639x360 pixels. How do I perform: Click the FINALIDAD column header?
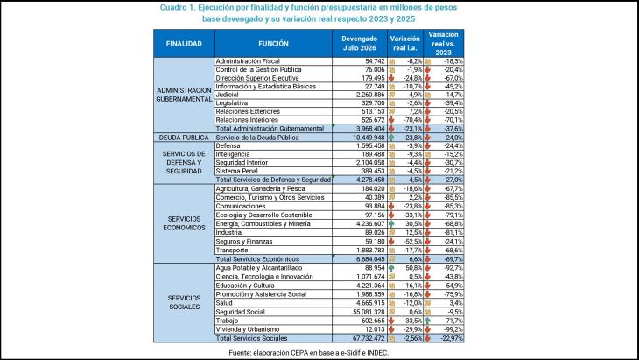coord(184,44)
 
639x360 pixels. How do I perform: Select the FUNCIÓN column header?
coord(273,44)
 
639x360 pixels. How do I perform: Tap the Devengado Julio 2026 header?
coord(360,43)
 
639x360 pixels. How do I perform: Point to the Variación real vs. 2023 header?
coord(444,43)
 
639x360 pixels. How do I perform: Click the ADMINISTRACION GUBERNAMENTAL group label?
coord(184,95)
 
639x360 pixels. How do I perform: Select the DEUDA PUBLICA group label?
coord(184,138)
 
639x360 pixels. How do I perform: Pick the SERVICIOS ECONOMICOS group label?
coord(184,223)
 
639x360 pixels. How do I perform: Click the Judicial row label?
coord(227,95)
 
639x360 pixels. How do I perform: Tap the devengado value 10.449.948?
coord(369,138)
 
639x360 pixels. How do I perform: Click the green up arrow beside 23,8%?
coord(391,138)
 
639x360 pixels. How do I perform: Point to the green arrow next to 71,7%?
coord(427,321)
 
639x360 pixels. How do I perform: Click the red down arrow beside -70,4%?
coord(391,120)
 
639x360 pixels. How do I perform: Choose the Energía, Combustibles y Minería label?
coord(263,224)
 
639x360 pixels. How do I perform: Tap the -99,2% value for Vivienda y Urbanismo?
coord(453,329)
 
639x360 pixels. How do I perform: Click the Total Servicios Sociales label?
coord(251,338)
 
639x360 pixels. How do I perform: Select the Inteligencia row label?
coord(233,154)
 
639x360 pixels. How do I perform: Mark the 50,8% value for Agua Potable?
coord(414,268)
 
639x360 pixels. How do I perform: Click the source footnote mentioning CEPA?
coord(308,353)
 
